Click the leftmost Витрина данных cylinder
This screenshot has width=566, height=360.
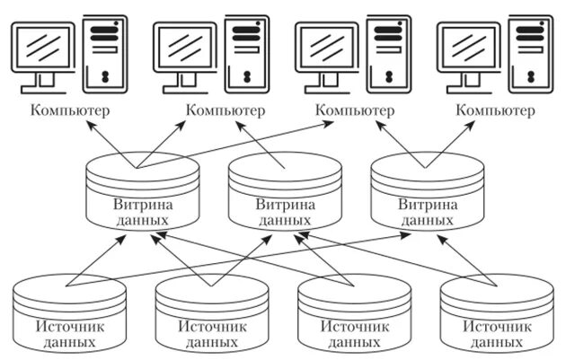coord(141,193)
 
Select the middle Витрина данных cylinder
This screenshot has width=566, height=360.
coord(285,193)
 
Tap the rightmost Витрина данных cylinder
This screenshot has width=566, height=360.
coord(427,193)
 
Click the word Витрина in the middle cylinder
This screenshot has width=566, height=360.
coord(285,204)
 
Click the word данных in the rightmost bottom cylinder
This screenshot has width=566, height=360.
coord(497,342)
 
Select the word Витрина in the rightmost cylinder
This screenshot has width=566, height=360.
coord(427,204)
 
